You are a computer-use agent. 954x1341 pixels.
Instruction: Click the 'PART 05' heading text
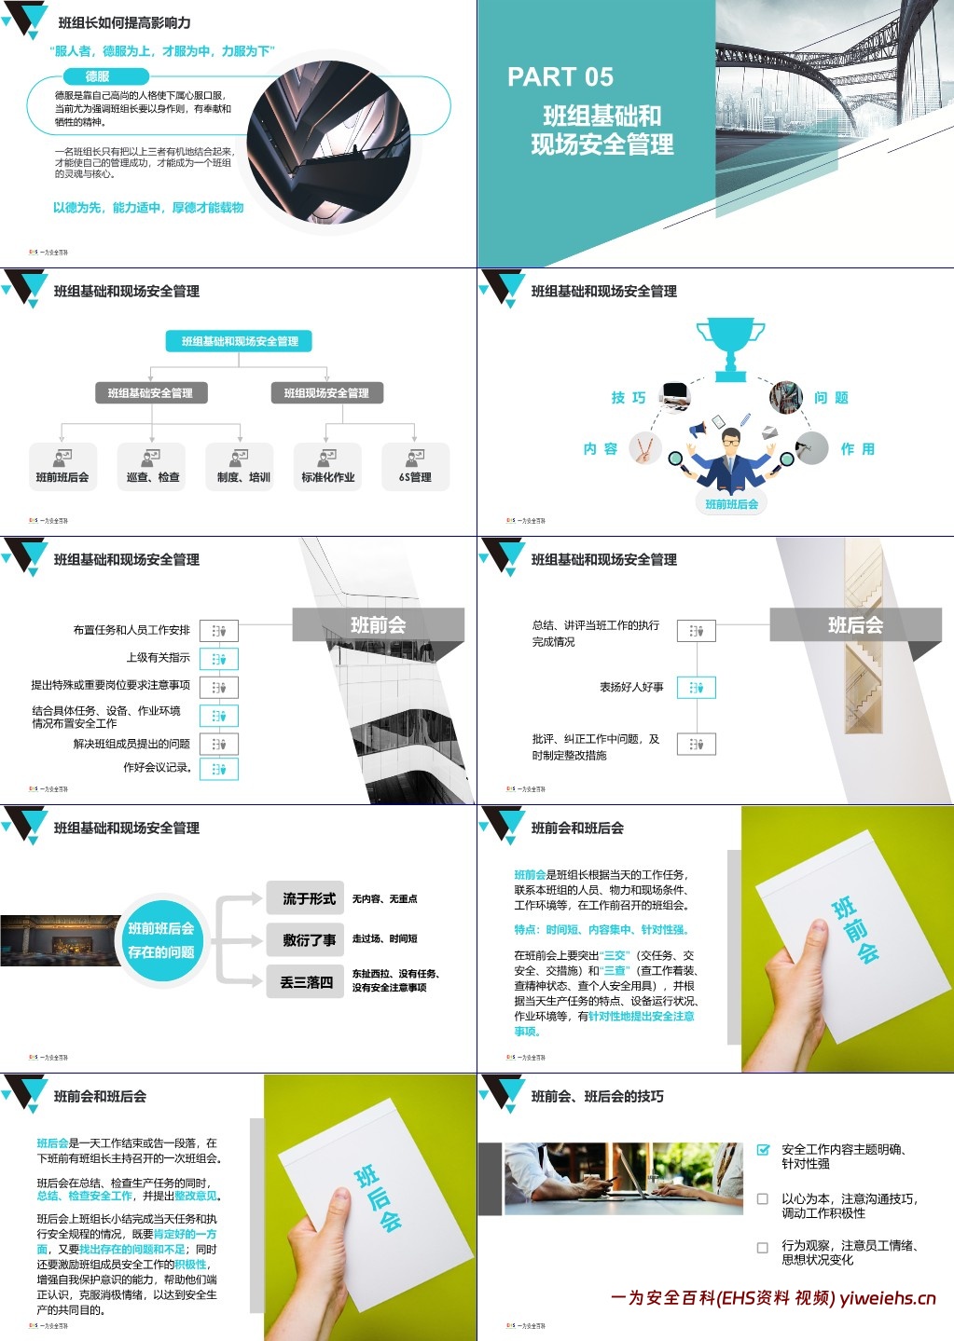click(560, 77)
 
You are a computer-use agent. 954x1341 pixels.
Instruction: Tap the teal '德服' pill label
click(97, 76)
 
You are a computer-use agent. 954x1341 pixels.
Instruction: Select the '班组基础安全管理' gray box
click(150, 393)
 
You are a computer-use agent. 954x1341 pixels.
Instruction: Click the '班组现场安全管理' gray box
click(326, 393)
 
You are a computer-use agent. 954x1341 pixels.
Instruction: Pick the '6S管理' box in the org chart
click(415, 467)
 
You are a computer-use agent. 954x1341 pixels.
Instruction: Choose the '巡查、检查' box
click(152, 467)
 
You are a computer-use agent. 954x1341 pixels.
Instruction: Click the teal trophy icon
click(730, 349)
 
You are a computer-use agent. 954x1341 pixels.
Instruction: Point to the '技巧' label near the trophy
click(628, 398)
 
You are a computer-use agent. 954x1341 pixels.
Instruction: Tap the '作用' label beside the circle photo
click(857, 449)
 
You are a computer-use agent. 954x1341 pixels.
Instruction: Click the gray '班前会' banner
click(378, 625)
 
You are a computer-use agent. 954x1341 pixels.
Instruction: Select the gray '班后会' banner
click(855, 625)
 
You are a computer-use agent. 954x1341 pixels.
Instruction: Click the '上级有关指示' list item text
click(158, 658)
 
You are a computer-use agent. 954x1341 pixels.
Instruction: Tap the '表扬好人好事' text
click(631, 688)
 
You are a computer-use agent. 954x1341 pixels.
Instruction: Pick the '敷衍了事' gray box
click(309, 940)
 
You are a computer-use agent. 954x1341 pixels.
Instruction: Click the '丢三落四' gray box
click(306, 982)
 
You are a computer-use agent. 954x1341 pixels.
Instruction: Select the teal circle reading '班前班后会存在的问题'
click(161, 940)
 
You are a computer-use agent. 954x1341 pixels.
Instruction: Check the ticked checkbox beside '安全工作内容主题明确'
click(763, 1150)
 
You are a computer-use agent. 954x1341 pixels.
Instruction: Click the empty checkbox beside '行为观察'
click(763, 1247)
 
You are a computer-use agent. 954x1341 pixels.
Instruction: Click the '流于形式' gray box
click(309, 898)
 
